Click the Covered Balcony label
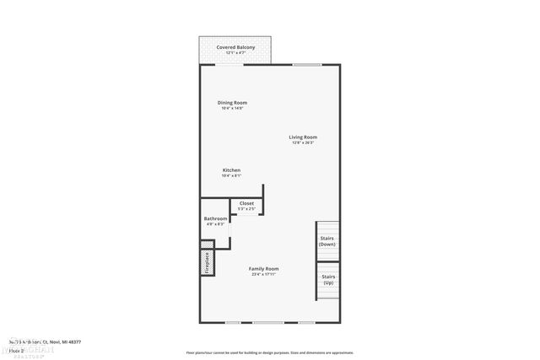(236, 47)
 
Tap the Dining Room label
(233, 103)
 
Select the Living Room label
(303, 137)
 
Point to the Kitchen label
(231, 170)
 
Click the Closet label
(246, 203)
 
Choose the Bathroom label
(214, 219)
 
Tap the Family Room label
(264, 269)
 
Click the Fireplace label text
(206, 262)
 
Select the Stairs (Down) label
(327, 241)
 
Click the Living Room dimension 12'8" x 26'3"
(303, 142)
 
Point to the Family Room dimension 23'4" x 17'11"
(264, 275)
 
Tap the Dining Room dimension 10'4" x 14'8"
(233, 109)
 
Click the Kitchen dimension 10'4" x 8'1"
(231, 176)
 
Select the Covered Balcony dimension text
(236, 53)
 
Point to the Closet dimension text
(246, 208)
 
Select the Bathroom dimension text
(214, 225)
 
